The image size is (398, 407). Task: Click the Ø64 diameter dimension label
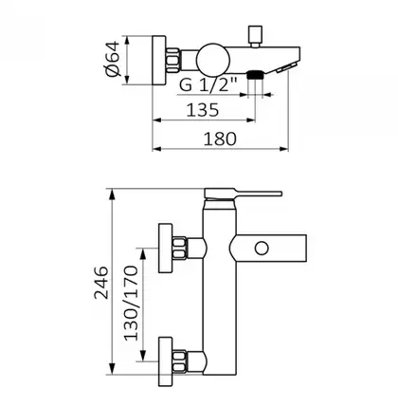113,59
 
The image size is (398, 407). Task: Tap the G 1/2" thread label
208,84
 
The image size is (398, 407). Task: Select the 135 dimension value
203,110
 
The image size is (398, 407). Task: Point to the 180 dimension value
220,139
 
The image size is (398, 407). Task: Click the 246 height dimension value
101,283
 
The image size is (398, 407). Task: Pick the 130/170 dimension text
131,304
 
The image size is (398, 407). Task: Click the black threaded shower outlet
255,75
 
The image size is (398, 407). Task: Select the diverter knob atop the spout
255,36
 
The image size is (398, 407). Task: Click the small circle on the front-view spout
262,249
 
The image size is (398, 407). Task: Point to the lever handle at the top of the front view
243,194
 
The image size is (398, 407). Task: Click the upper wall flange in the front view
166,248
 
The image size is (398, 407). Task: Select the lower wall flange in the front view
166,361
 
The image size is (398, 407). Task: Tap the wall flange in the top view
159,60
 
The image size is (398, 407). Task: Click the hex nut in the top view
172,60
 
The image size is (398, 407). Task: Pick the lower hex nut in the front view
179,361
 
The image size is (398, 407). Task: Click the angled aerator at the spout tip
287,67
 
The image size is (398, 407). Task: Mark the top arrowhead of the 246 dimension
112,194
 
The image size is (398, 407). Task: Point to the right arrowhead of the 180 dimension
283,149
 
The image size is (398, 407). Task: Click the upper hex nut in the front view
179,249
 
